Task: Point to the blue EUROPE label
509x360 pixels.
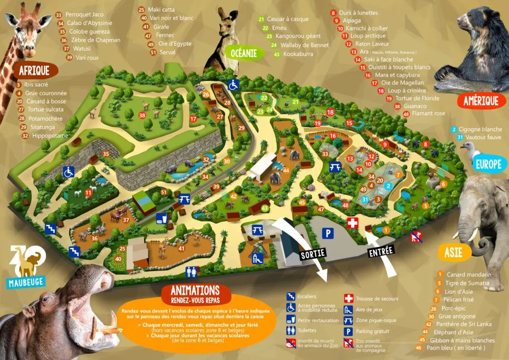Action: click(489, 164)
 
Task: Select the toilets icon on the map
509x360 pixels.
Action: click(191, 272)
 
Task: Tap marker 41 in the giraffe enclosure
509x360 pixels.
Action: click(181, 248)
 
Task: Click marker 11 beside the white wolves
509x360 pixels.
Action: click(88, 193)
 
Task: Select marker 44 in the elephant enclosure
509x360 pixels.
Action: click(286, 170)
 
